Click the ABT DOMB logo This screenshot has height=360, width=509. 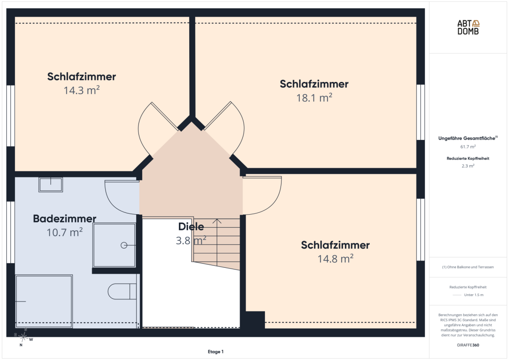468,27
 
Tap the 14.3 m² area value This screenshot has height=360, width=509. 81,90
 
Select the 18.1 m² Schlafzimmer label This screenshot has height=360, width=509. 314,84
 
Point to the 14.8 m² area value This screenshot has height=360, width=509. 335,259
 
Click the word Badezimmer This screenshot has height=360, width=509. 65,218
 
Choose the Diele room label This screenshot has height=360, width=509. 191,226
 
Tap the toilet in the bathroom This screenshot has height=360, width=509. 122,292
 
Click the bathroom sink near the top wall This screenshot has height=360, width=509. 51,184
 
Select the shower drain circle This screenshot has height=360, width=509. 124,245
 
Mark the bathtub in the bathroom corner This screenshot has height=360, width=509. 44,301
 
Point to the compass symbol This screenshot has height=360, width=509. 23,337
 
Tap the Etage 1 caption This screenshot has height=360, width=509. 215,351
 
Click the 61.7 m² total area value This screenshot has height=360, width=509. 468,147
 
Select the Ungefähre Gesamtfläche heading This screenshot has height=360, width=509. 468,138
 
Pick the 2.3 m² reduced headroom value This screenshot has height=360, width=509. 468,166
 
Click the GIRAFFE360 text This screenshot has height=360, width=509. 468,345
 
